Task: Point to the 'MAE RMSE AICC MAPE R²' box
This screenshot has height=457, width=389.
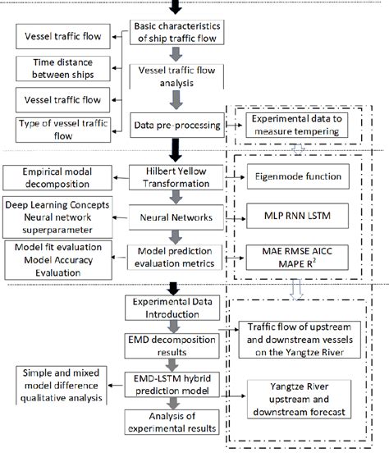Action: click(302, 258)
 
